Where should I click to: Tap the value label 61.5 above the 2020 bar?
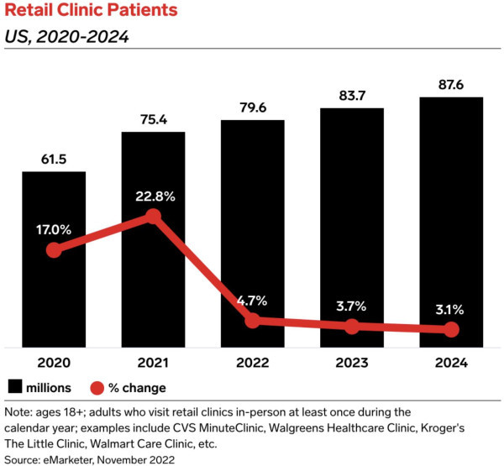(54, 158)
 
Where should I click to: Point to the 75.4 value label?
(153, 118)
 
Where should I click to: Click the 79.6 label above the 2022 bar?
(253, 107)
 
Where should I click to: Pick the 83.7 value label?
(352, 95)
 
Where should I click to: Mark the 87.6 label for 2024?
(451, 84)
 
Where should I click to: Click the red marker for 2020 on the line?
(54, 250)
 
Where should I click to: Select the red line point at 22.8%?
(153, 217)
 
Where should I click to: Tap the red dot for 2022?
(253, 321)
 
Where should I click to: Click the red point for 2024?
(451, 330)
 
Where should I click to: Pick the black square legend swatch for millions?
(14, 387)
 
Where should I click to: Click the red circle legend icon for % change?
(96, 387)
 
